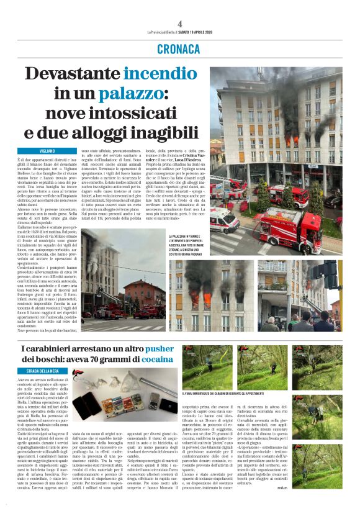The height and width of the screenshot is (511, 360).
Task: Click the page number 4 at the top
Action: (179, 24)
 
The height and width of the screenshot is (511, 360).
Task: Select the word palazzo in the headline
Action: (134, 94)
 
